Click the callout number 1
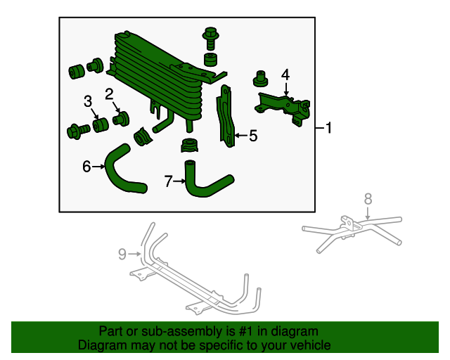point(328,129)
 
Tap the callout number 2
point(109,94)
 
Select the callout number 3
point(88,102)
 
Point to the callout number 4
point(285,75)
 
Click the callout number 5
point(253,136)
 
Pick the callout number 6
point(86,167)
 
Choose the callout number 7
point(169,181)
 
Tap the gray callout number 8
point(367,199)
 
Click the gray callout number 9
point(121,252)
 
